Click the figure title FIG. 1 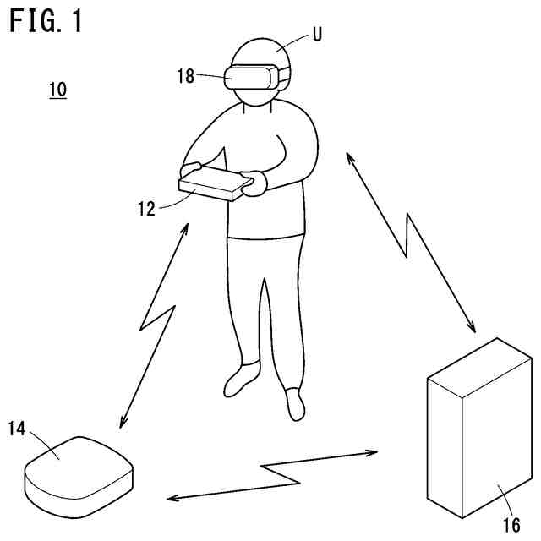coord(46,21)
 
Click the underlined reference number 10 coord(58,89)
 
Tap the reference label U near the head coord(317,35)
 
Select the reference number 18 coord(186,76)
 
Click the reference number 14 coord(17,429)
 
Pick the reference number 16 coord(511,525)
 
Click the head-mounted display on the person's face coord(252,77)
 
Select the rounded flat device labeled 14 coord(79,473)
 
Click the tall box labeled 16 coord(478,431)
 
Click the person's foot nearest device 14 coord(241,380)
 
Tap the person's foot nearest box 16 coord(294,404)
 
